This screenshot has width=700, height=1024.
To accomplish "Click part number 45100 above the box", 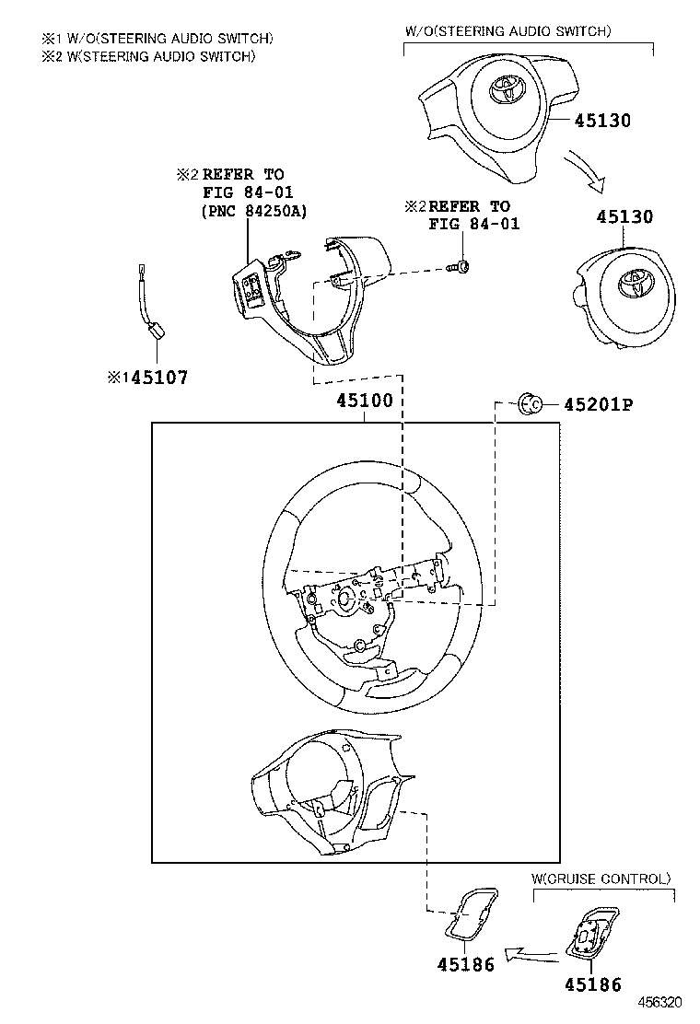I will (364, 401).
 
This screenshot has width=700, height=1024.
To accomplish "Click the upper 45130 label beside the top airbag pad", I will (602, 121).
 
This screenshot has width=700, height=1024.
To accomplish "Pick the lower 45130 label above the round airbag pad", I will (624, 217).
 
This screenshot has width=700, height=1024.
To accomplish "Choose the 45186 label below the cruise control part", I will (592, 984).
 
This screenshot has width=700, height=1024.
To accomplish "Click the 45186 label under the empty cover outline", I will (465, 964).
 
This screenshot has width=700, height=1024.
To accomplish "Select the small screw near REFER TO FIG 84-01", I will (461, 267).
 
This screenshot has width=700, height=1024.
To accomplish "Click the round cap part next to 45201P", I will (531, 403).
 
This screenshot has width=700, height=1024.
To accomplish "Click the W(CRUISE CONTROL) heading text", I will (601, 879).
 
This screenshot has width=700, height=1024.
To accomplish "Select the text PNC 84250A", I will (253, 211).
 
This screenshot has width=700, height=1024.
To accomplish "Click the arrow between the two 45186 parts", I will (532, 954).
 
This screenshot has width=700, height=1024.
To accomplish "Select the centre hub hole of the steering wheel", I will (346, 599).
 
